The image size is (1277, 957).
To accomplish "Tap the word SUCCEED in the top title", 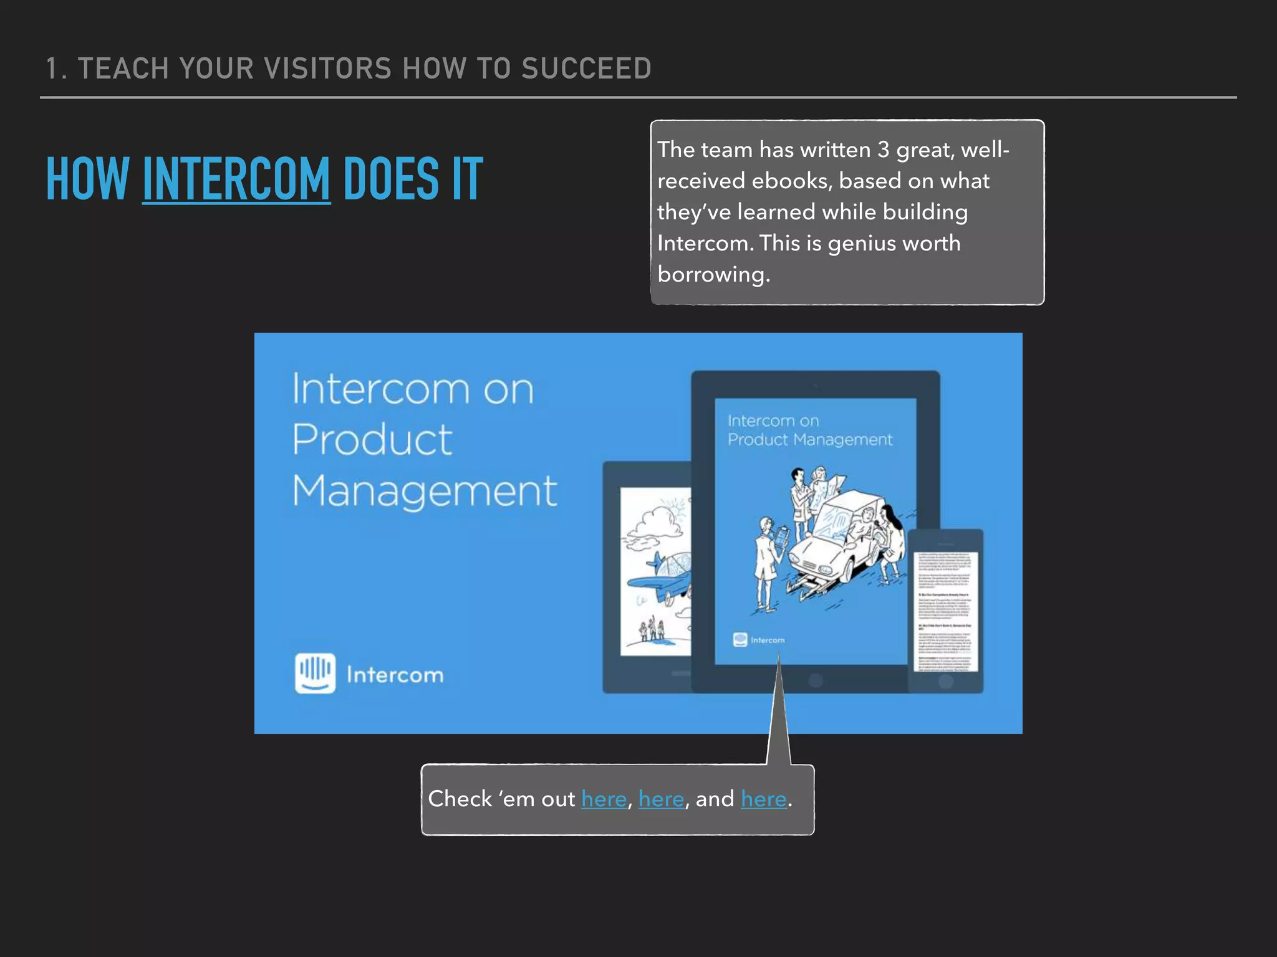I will [586, 69].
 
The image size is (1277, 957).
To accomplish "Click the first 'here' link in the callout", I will [604, 799].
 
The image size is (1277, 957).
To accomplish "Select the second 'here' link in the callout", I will [661, 799].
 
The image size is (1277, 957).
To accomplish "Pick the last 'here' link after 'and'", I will [763, 799].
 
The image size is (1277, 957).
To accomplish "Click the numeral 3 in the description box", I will [883, 150].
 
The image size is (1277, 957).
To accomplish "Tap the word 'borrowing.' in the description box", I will [713, 275].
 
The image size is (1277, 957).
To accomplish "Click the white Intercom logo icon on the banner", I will [315, 673].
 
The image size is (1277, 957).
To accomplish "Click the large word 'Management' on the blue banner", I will [424, 491].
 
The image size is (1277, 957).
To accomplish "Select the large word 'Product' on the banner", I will [372, 440].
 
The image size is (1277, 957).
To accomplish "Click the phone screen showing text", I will [945, 611].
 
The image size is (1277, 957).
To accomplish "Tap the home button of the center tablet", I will [815, 680].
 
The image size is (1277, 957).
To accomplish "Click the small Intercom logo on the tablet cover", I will [740, 640].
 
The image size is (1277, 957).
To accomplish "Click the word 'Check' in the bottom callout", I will [460, 799].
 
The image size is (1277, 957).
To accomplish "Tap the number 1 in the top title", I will [52, 69].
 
